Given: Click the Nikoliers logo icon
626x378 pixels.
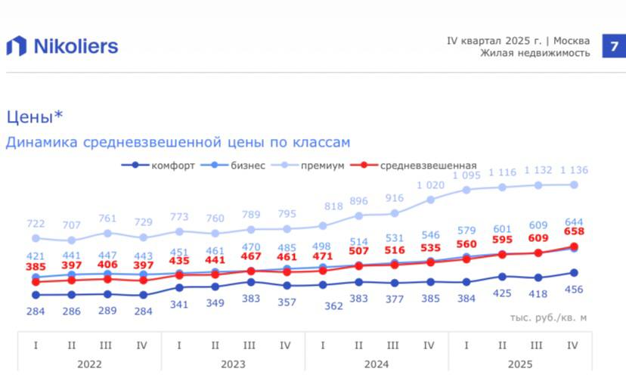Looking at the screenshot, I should click(17, 46).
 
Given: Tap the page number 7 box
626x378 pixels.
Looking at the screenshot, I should click(613, 45).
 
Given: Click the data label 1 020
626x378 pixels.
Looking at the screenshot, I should click(430, 185).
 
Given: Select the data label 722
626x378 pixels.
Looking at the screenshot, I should click(36, 224).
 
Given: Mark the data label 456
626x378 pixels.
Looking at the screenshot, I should click(575, 290).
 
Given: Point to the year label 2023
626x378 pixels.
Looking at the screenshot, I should click(233, 364).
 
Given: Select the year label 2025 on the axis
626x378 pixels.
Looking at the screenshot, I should click(520, 364).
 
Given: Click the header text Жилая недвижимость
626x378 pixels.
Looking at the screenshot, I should click(535, 53).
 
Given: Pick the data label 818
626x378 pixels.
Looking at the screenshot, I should click(323, 207).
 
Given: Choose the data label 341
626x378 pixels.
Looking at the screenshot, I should click(179, 304).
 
